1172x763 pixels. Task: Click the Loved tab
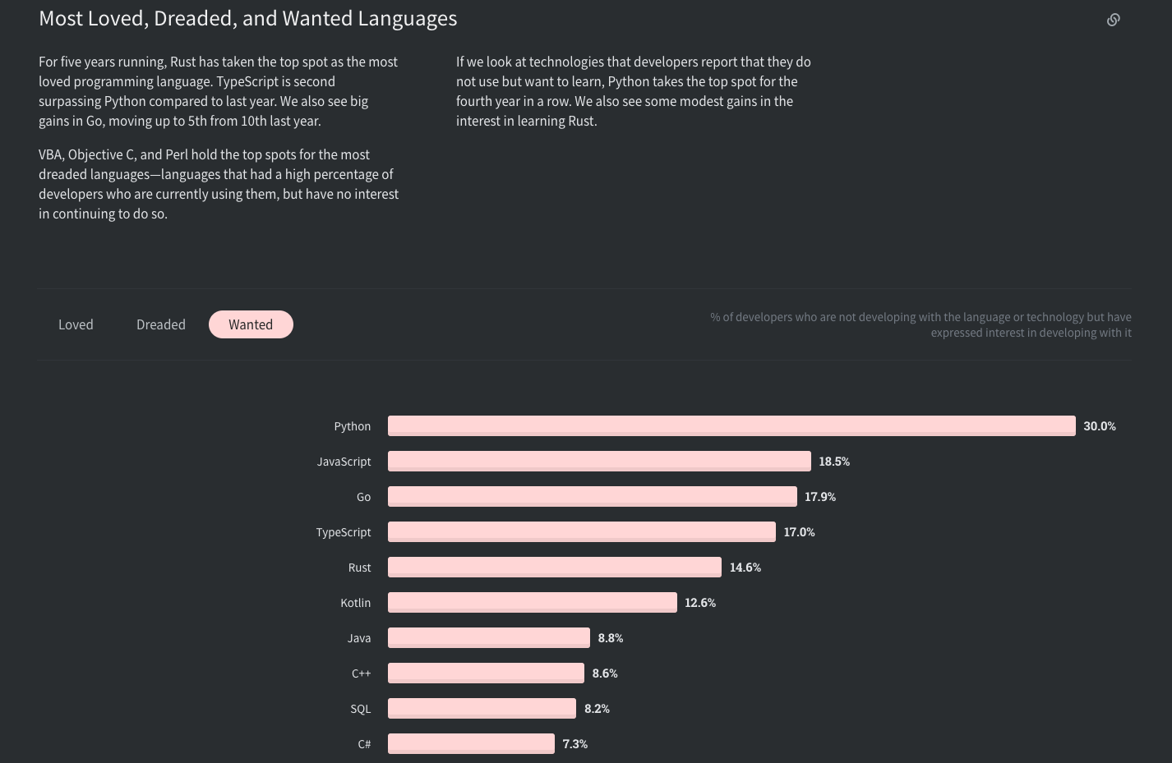[76, 324]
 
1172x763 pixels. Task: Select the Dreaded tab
[161, 324]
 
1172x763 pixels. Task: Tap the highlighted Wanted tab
[251, 324]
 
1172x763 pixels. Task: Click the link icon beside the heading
[1114, 20]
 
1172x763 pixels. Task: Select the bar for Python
[731, 425]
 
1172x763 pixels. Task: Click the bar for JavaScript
[599, 461]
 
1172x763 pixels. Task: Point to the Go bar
[592, 496]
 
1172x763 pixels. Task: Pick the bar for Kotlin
[532, 602]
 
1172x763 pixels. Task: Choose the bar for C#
[471, 743]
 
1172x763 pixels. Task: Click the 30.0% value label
[1100, 426]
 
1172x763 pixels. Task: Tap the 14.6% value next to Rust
[745, 568]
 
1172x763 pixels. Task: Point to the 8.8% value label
[611, 638]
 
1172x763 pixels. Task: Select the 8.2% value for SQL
[597, 709]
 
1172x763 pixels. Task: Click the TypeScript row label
[344, 532]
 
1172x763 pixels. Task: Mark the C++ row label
[361, 673]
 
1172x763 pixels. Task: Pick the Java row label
[359, 638]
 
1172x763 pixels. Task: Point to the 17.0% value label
[799, 532]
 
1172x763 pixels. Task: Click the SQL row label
[361, 709]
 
